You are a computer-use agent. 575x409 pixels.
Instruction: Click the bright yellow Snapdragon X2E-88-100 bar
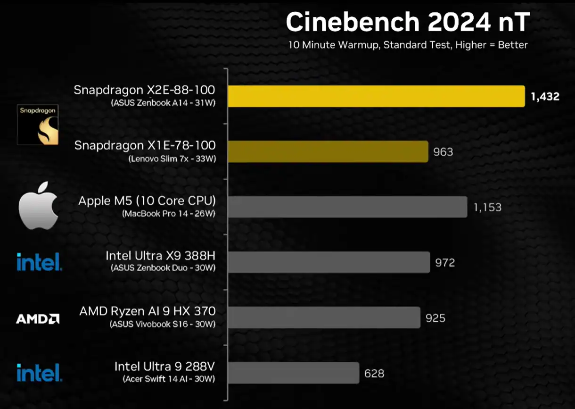[x=376, y=96]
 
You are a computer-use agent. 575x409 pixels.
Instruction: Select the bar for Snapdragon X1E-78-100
[x=328, y=151]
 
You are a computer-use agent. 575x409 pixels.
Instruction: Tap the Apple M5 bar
[x=347, y=207]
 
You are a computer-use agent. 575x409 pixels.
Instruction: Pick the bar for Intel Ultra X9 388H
[x=329, y=262]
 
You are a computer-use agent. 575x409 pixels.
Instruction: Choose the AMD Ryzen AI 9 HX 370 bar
[x=324, y=317]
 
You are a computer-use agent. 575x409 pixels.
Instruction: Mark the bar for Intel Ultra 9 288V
[x=293, y=373]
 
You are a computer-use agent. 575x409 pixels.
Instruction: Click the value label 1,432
[x=545, y=97]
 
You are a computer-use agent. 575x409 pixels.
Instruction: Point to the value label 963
[x=443, y=152]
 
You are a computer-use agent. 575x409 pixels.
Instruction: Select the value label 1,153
[x=487, y=207]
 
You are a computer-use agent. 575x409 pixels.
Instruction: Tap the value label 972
[x=445, y=262]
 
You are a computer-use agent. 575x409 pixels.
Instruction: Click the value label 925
[x=435, y=318]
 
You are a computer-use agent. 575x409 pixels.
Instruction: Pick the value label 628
[x=374, y=374]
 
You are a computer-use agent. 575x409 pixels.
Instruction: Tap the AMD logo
[x=38, y=319]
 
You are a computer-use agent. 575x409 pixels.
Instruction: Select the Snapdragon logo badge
[x=38, y=124]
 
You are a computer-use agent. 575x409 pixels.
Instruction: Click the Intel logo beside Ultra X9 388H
[x=39, y=262]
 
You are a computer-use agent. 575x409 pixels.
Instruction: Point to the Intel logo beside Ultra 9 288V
[x=39, y=372]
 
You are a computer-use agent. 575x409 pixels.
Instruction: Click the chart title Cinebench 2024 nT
[x=408, y=22]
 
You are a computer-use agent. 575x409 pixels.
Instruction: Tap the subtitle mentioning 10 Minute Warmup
[x=408, y=45]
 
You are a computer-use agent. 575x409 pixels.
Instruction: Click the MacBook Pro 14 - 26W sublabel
[x=169, y=214]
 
